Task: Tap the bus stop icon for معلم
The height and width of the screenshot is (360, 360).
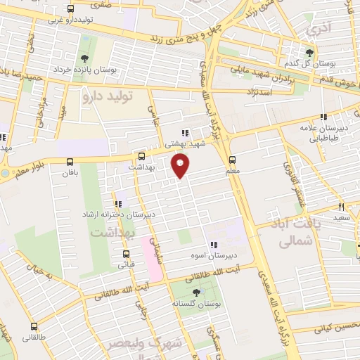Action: (233, 160)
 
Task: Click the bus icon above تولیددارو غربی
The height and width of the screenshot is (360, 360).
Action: (70, 9)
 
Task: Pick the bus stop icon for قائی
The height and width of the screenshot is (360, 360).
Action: (126, 254)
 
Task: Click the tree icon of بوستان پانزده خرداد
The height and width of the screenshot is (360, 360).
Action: (85, 58)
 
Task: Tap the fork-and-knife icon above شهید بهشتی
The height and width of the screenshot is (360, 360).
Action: (184, 132)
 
